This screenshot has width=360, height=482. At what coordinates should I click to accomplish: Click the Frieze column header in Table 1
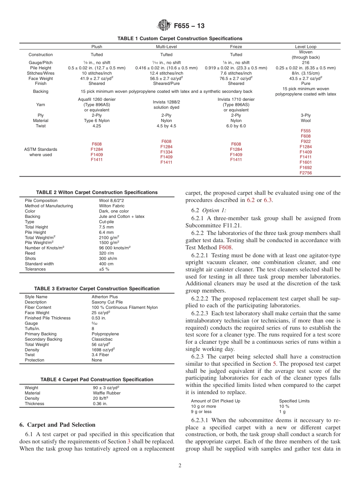pos(236,47)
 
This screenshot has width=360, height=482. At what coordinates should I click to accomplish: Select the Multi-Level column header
pos(166,47)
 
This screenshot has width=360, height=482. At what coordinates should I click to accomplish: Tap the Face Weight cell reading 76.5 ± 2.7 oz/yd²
pos(236,78)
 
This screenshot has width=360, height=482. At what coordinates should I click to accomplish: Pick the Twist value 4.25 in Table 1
pos(97,126)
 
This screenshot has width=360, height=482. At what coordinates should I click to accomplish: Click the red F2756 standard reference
pos(305,173)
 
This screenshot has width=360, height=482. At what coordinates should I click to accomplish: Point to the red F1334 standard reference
pos(166,152)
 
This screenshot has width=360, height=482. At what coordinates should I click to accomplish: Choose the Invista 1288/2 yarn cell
pos(166,105)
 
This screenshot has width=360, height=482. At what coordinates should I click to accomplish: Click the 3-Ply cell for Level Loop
pos(305,115)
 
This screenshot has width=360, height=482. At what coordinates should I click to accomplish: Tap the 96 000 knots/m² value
pos(114,248)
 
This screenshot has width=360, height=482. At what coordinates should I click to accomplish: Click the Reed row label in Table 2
pos(30,253)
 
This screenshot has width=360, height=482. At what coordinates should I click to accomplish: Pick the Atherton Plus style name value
pos(105,297)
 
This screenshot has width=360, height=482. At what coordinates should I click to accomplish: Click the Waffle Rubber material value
pos(106,393)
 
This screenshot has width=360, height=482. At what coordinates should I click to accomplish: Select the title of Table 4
pos(97,379)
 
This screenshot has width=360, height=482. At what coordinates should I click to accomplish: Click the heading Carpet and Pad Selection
pos(57,424)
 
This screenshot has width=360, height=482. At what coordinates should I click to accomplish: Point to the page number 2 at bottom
pos(180,466)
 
